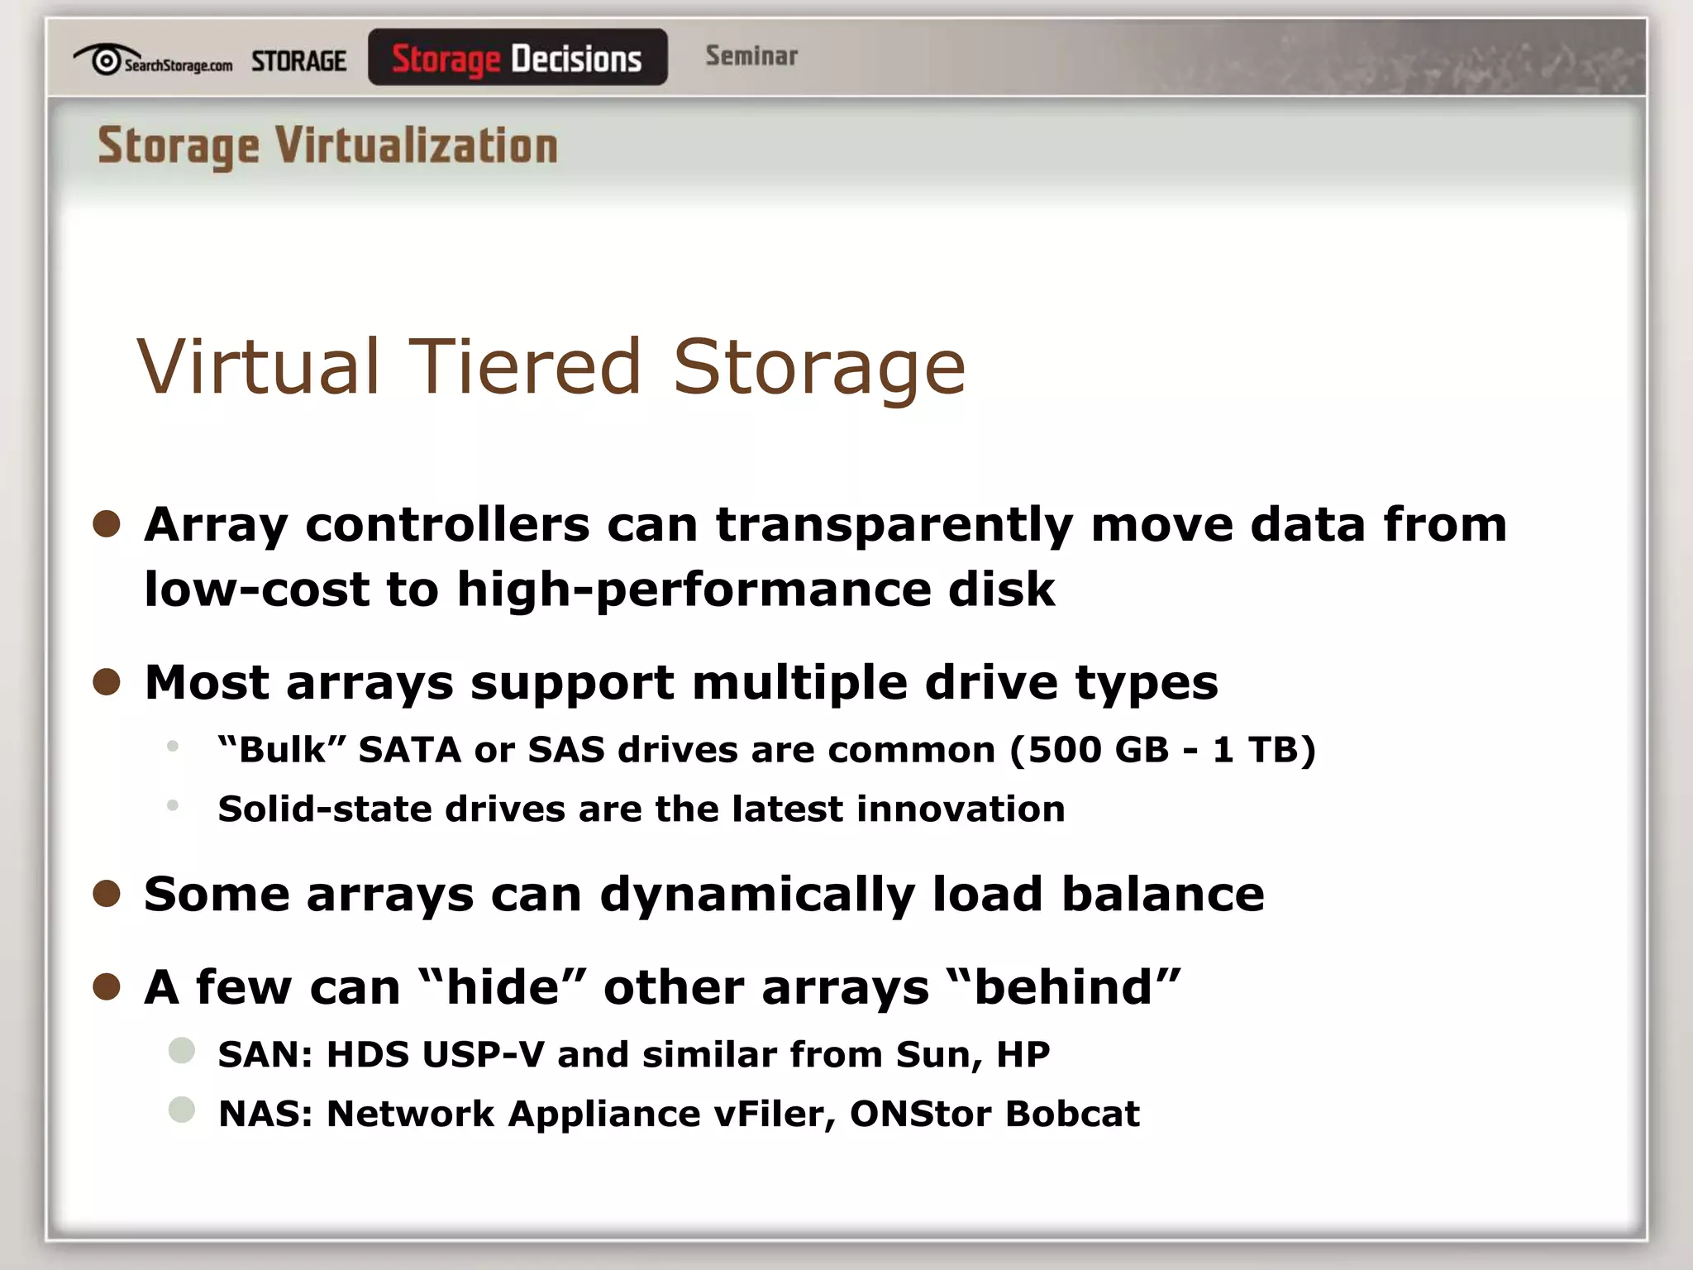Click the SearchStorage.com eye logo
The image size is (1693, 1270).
click(106, 60)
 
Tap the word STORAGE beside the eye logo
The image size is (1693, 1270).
click(298, 61)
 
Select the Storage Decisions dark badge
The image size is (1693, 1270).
click(517, 58)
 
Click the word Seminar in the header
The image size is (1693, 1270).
click(751, 56)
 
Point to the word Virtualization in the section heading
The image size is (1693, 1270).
click(417, 146)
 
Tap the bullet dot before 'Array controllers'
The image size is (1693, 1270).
click(107, 523)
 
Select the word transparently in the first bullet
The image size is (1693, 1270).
click(894, 525)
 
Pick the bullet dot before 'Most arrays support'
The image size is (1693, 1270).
click(107, 682)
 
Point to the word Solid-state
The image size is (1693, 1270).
click(324, 809)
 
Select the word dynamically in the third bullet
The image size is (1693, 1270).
click(757, 895)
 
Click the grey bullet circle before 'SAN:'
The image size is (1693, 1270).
click(182, 1051)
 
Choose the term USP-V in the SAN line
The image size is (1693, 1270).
click(484, 1055)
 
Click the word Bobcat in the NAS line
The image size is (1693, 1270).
click(1073, 1114)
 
